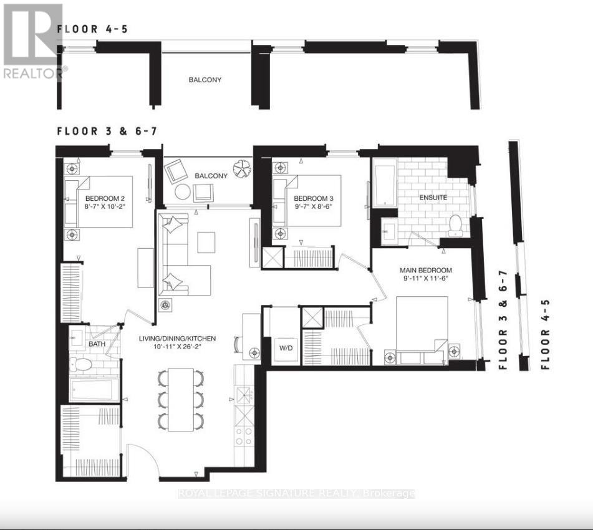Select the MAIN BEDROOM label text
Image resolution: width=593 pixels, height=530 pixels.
point(426,270)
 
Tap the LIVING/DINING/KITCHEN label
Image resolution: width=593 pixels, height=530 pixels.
point(178,339)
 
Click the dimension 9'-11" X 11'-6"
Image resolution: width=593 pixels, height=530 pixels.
point(426,279)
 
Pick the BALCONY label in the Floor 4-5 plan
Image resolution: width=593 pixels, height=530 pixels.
point(205,80)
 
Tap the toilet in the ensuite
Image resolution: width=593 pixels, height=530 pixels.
point(456,224)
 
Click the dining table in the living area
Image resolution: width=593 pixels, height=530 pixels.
point(181,399)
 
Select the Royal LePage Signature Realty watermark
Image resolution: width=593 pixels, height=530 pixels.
point(296,493)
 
